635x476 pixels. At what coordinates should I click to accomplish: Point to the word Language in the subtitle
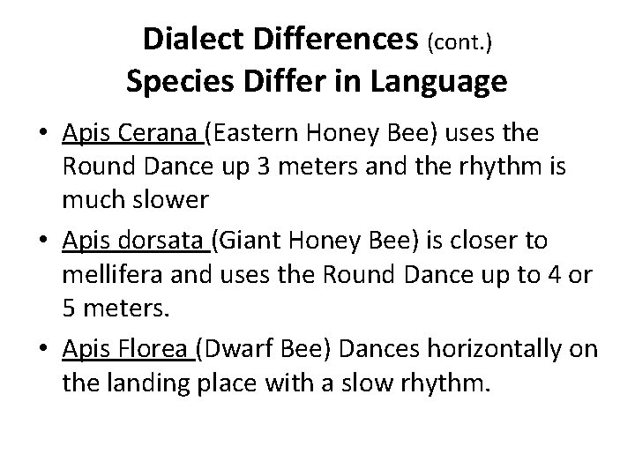click(450, 82)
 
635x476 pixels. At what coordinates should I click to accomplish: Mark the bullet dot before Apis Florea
click(41, 350)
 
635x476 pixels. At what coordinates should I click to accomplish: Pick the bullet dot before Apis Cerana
click(41, 133)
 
